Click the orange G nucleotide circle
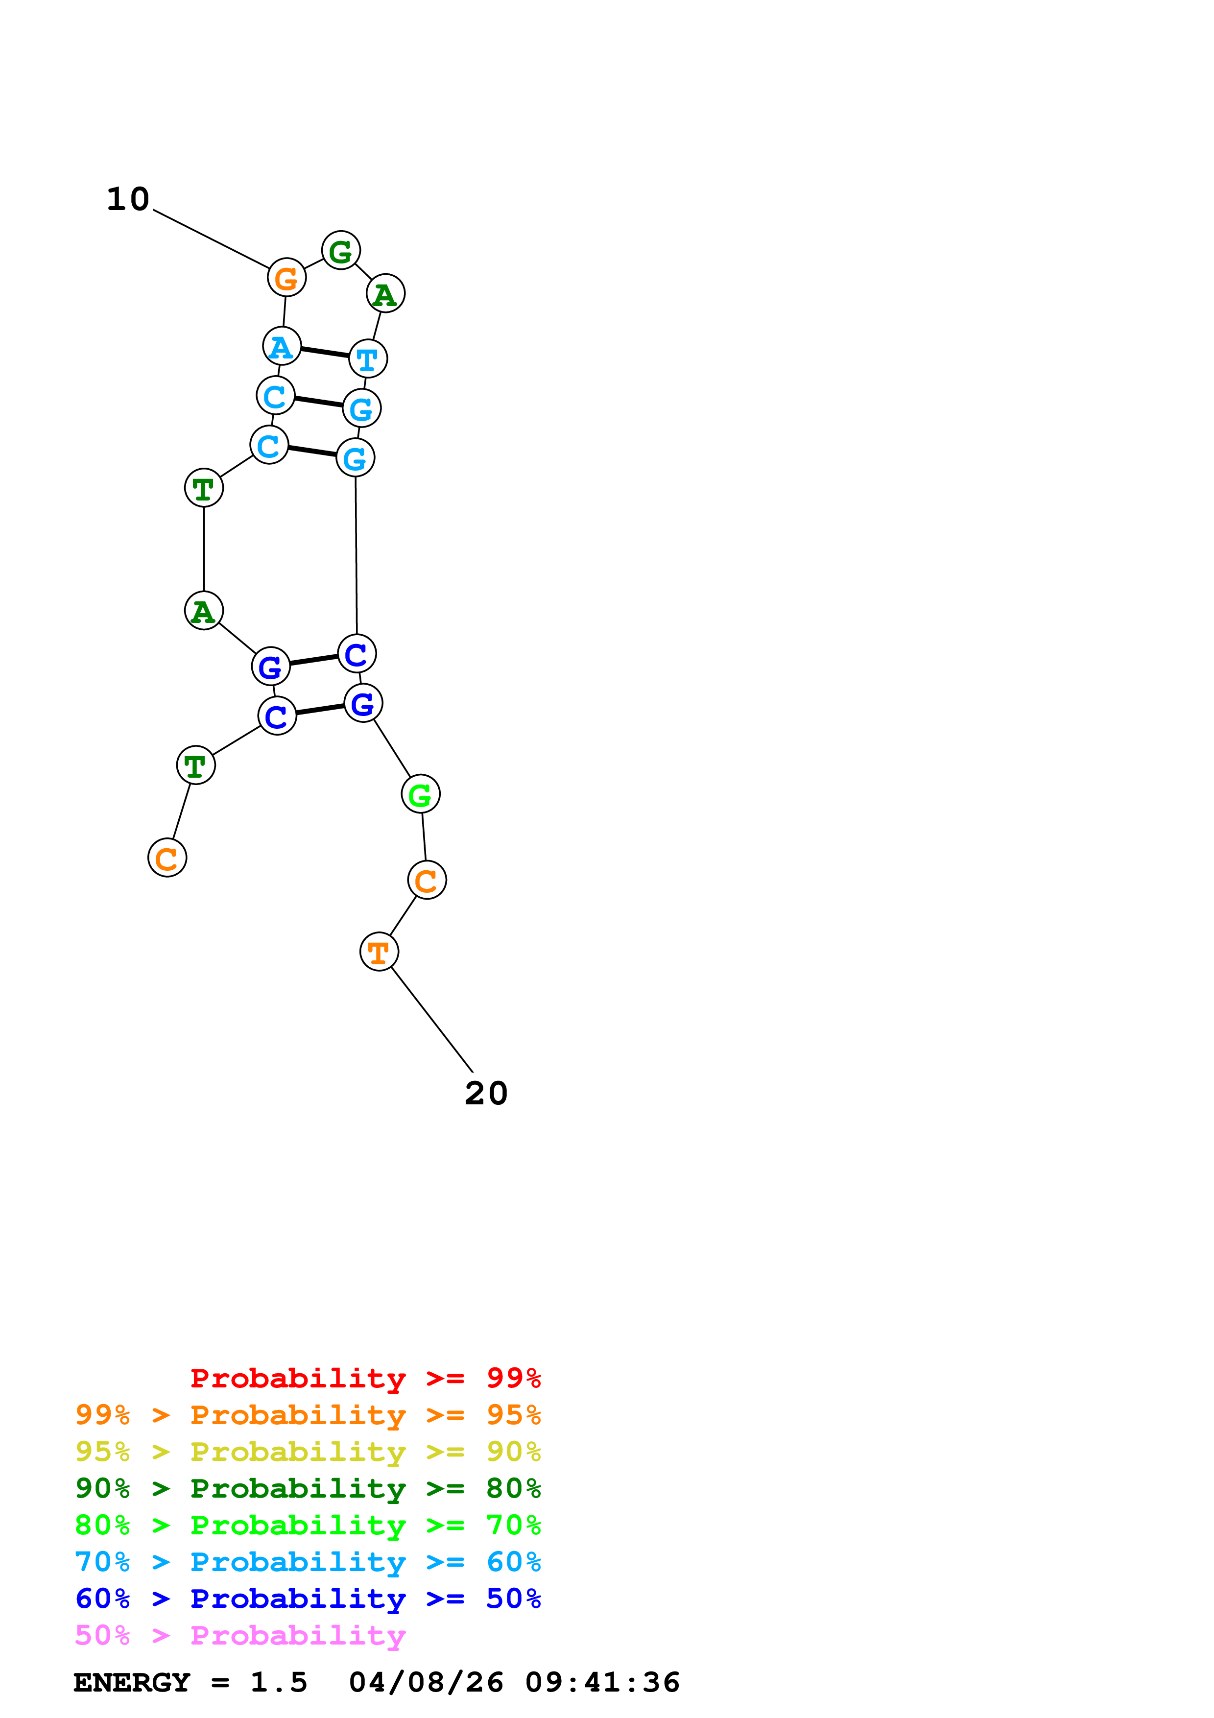pyautogui.click(x=286, y=278)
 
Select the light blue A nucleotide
pyautogui.click(x=282, y=346)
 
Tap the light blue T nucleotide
pyautogui.click(x=368, y=358)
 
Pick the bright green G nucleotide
pyautogui.click(x=420, y=794)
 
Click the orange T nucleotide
pyautogui.click(x=379, y=952)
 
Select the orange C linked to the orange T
pyautogui.click(x=427, y=880)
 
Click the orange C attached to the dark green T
pyautogui.click(x=167, y=858)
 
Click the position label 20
pyautogui.click(x=486, y=1094)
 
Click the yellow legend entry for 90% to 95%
pyautogui.click(x=308, y=1452)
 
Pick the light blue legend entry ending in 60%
pyautogui.click(x=308, y=1562)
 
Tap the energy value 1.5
pyautogui.click(x=278, y=1683)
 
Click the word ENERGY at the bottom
pyautogui.click(x=132, y=1683)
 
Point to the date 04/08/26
pyautogui.click(x=426, y=1683)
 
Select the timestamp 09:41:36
pyautogui.click(x=602, y=1683)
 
